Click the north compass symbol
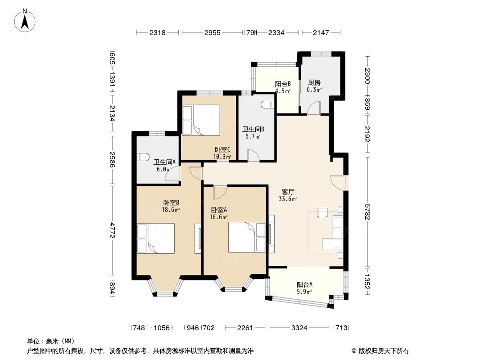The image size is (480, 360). pos(26,20)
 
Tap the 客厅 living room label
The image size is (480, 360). pos(288,191)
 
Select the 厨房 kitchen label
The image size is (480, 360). pos(314,83)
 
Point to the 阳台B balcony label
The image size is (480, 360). pos(282,84)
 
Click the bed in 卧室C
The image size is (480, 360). pos(201,120)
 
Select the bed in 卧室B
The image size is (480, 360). pos(156,238)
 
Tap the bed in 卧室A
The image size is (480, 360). pos(247,237)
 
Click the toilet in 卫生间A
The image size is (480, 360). pos(143,157)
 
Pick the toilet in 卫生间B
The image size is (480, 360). pos(267,104)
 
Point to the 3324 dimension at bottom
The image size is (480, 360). pos(299,328)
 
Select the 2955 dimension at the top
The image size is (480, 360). pos(212,32)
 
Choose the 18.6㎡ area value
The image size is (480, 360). pos(171,210)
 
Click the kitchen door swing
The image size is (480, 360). pos(314,108)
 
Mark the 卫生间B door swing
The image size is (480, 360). pos(254,155)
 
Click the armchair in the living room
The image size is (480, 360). pos(323,212)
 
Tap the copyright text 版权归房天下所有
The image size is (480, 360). pos(380,351)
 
